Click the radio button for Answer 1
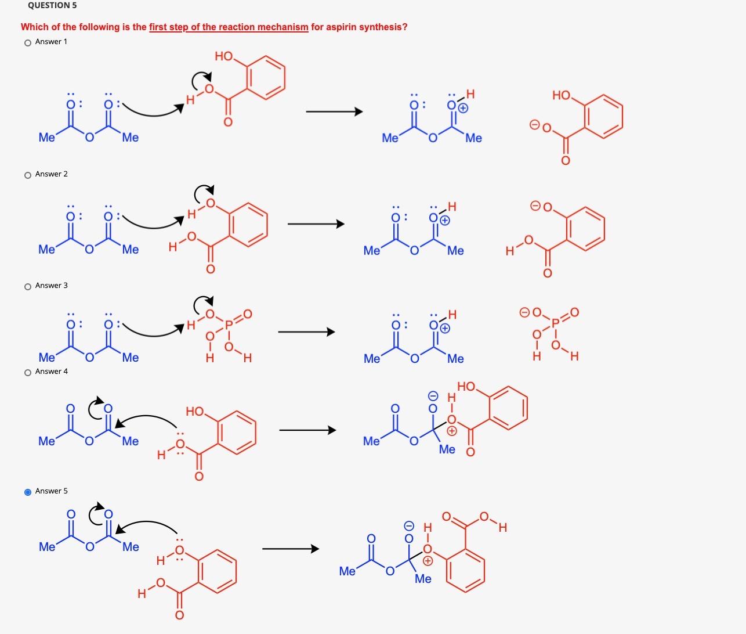28,42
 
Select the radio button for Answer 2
28,175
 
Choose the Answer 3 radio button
28,286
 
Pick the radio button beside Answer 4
28,372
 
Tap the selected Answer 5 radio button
28,492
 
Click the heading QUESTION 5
52,5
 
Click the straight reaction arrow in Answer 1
334,111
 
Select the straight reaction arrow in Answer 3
306,332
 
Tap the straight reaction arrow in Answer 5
290,549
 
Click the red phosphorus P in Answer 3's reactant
229,325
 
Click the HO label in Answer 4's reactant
195,412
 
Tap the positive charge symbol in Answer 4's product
451,431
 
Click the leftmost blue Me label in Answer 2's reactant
46,249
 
